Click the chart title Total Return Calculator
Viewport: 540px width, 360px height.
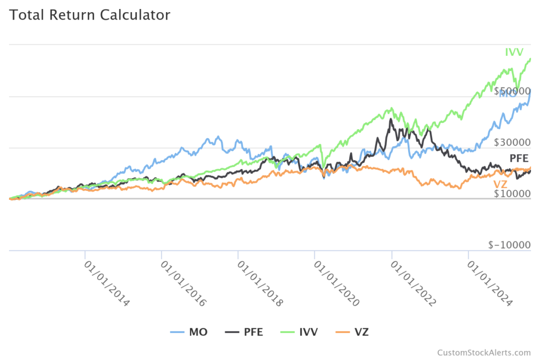coord(90,15)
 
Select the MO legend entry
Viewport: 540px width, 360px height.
coord(189,332)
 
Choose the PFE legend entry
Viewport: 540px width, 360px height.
coord(244,332)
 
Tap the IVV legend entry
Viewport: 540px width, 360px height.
coord(300,332)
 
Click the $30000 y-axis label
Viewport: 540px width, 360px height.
coord(512,142)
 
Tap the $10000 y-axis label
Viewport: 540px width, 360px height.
coord(512,194)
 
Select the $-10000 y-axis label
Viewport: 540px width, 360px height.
coord(509,245)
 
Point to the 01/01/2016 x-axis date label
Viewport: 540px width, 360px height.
coord(183,282)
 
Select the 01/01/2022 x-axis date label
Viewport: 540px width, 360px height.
coord(413,282)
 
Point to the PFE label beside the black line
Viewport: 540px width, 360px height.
coord(519,158)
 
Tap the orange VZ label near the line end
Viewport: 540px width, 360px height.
coord(500,184)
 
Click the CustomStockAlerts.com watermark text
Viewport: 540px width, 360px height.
coord(484,353)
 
